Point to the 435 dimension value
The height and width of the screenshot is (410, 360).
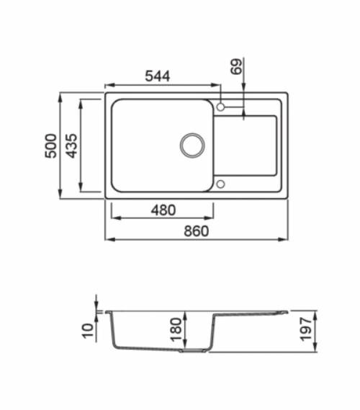(71, 146)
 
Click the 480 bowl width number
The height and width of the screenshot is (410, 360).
(163, 210)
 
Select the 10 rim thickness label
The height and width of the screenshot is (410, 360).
(89, 331)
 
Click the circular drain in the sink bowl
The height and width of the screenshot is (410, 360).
(192, 145)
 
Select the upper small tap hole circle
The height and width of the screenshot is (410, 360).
(221, 107)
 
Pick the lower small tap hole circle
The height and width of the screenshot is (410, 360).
(221, 184)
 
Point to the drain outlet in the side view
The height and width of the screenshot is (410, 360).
(193, 351)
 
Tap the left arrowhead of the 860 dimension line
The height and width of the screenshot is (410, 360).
(109, 239)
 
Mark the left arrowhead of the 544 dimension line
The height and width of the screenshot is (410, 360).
(109, 84)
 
